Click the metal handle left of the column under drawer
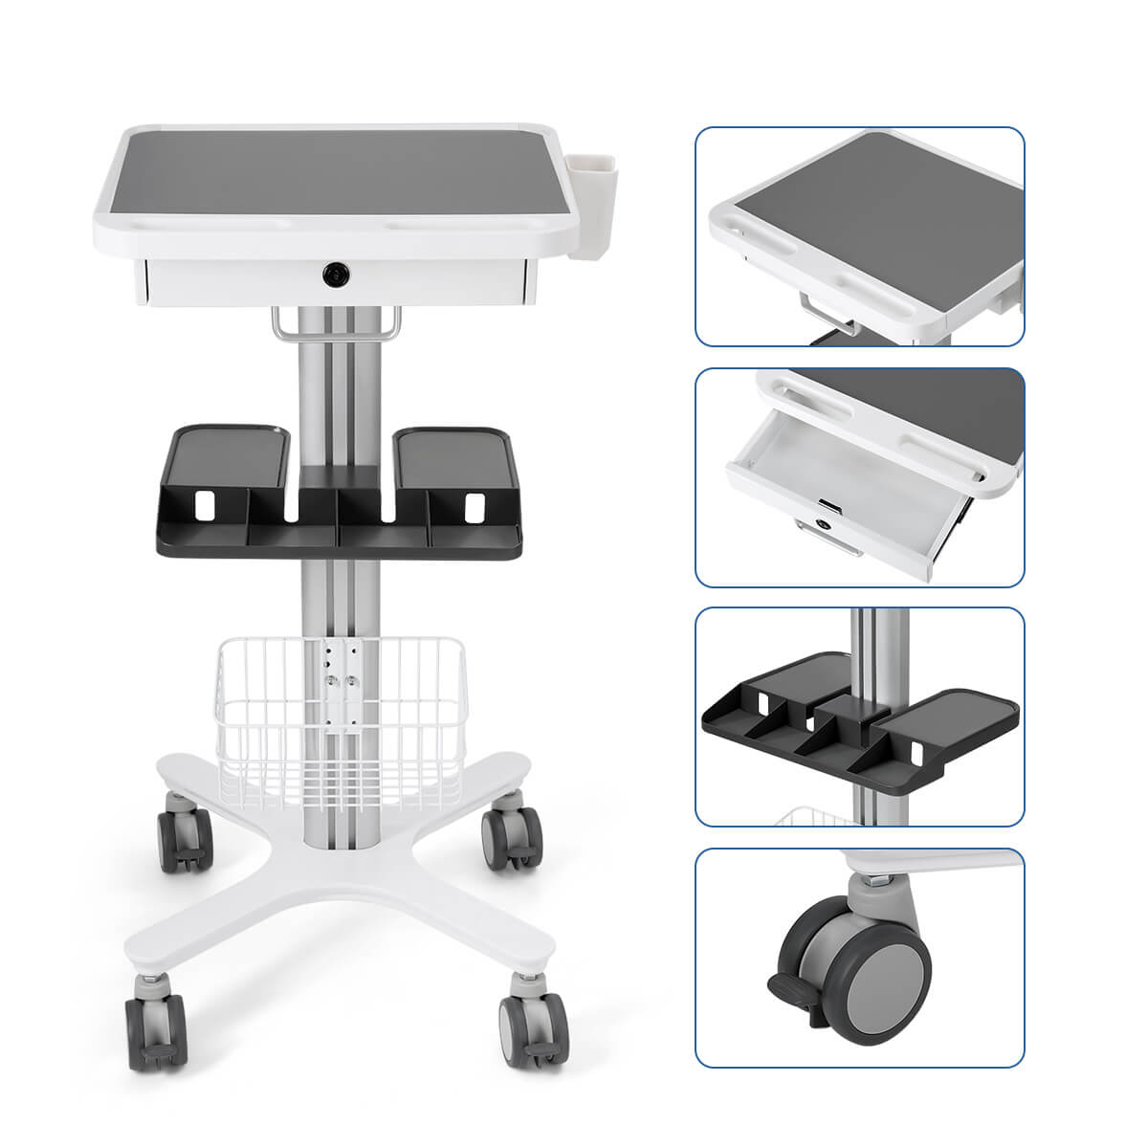284,322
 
